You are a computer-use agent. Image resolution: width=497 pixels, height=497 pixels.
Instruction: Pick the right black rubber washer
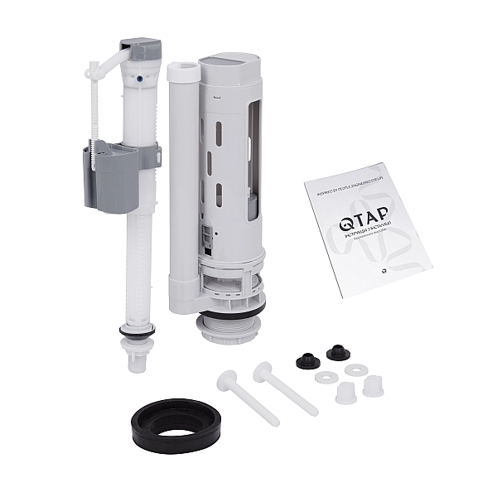pyautogui.click(x=338, y=352)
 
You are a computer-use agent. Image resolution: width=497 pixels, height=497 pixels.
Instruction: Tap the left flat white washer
pyautogui.click(x=324, y=377)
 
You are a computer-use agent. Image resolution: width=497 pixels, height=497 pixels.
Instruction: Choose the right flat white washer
pyautogui.click(x=356, y=369)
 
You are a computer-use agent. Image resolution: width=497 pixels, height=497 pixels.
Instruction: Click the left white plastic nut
pyautogui.click(x=346, y=392)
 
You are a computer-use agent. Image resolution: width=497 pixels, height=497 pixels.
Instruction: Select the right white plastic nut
pyautogui.click(x=374, y=384)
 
